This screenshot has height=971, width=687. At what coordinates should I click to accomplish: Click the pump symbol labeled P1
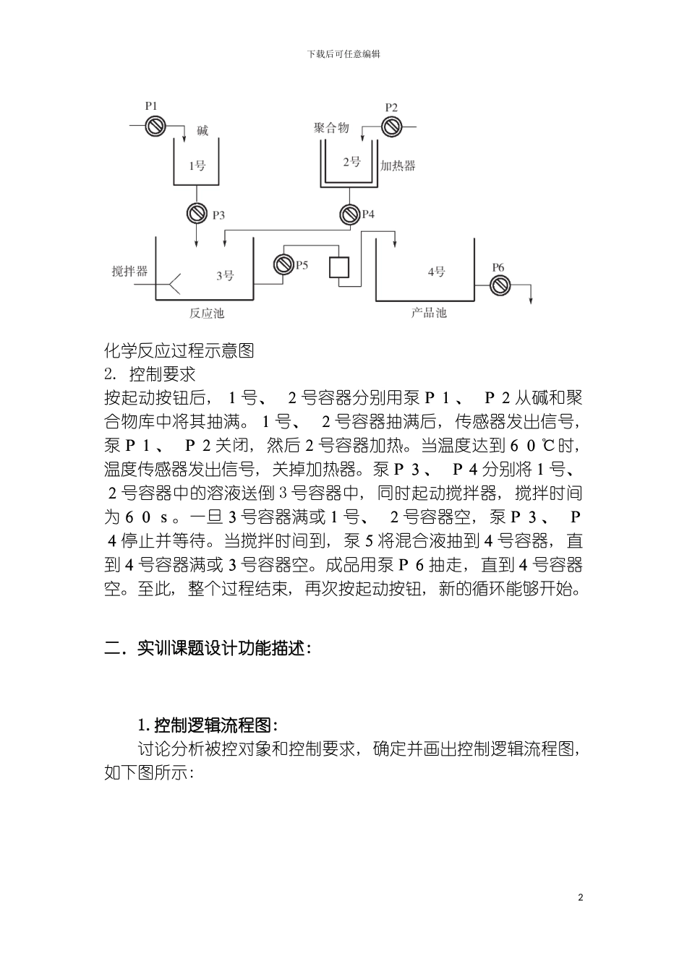coord(154,127)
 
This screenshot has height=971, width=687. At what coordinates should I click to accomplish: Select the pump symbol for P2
coord(393,127)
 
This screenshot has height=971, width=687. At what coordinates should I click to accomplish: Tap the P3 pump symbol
coord(197,213)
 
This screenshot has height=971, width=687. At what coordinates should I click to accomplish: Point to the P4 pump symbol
coord(351,213)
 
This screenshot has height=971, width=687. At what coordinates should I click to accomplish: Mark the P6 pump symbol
coord(499,285)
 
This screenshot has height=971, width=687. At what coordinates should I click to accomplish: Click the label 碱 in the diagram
coord(202,131)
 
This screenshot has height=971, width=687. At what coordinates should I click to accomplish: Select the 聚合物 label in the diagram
coord(332,127)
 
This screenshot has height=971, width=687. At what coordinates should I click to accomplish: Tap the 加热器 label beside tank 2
coord(398,165)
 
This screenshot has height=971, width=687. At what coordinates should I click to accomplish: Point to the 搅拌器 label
coord(129,271)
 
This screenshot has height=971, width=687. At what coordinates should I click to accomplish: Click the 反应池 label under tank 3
coord(207,313)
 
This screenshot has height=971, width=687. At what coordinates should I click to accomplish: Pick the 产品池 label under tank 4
coord(429,313)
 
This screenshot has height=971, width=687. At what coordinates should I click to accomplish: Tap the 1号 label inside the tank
coord(197,165)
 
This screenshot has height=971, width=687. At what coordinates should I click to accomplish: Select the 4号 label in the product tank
coord(436,272)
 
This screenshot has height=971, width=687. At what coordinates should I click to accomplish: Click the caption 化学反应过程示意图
coord(179,352)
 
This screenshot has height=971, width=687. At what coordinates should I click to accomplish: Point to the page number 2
coord(580,897)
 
